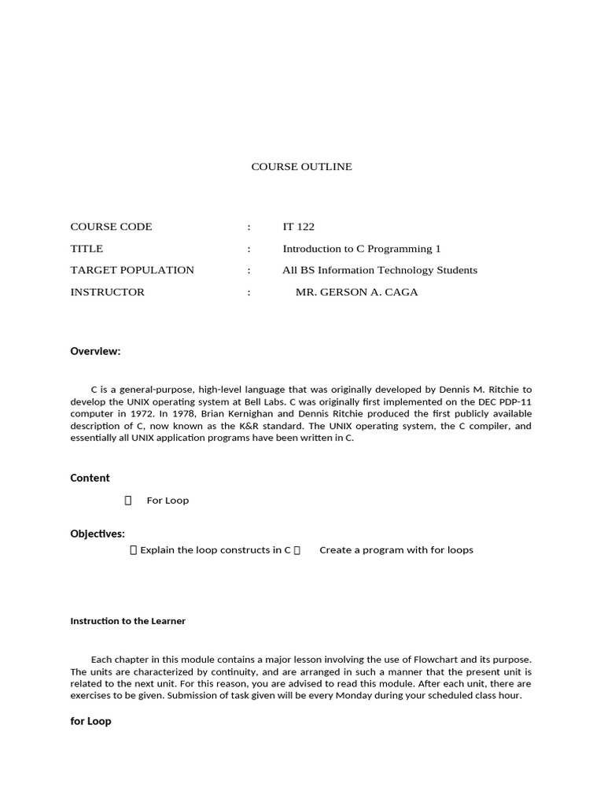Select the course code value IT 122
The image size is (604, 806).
[298, 227]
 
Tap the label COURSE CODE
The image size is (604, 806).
[111, 227]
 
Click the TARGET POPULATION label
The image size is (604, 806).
[132, 270]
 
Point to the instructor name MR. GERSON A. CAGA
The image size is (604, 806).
[356, 292]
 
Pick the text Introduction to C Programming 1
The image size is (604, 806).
[362, 249]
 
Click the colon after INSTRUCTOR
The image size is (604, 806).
[249, 292]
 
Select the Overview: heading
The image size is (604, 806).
[95, 351]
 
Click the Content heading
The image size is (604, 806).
[90, 478]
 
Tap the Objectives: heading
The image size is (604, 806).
[98, 534]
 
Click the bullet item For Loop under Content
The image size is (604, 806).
[168, 501]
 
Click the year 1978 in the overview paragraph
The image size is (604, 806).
[179, 414]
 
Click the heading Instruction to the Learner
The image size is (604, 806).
[127, 621]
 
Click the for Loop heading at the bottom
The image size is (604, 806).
[90, 721]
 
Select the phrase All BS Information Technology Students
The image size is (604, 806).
[380, 270]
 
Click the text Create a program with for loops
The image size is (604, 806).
[396, 550]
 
